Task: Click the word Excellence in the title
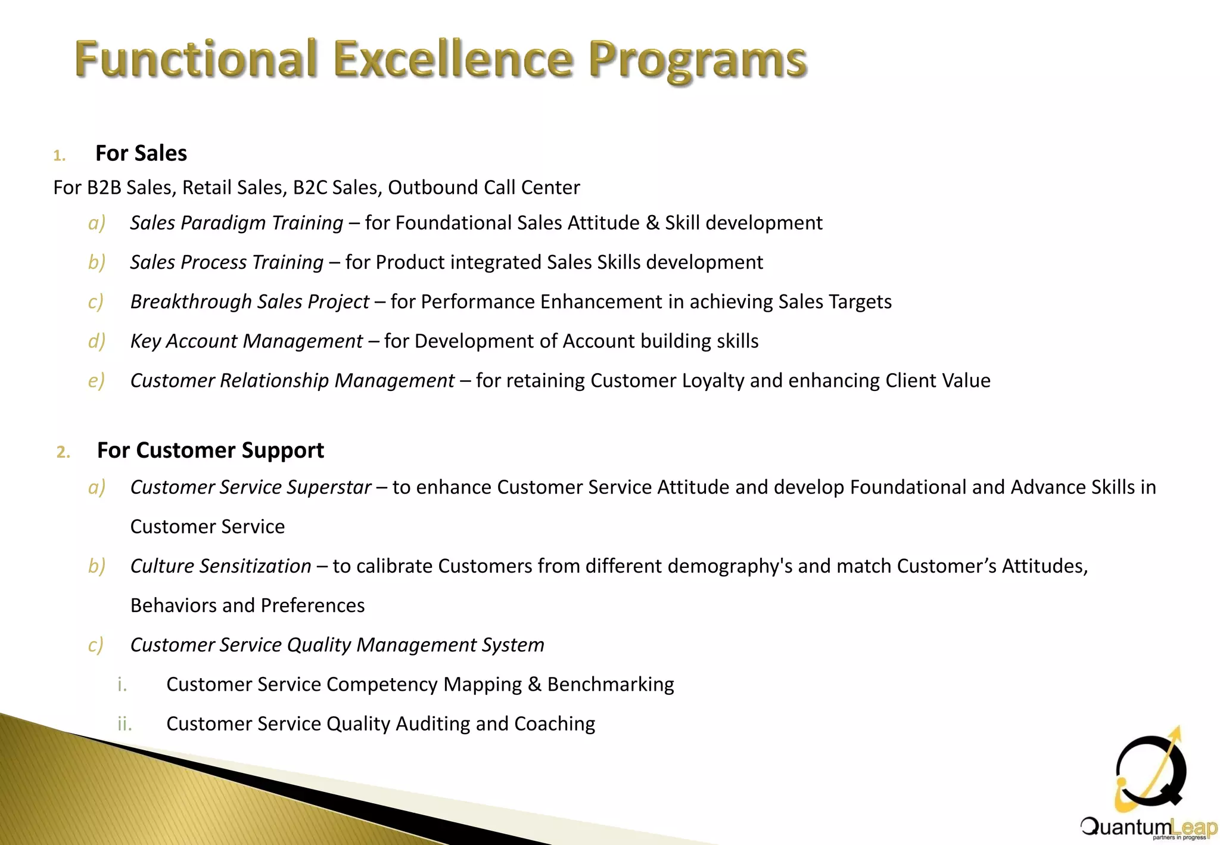453,60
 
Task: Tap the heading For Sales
141,154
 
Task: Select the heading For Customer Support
210,451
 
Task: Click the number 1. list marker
59,156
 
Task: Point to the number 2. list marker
63,453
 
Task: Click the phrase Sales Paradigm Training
236,223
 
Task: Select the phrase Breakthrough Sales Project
250,302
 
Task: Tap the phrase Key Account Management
247,341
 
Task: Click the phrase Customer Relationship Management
292,381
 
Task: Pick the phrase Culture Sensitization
220,566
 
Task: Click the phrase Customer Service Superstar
251,487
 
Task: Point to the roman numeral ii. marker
124,724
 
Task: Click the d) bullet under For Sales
97,341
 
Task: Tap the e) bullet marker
96,381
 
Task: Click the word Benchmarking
611,685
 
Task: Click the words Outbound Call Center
484,188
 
